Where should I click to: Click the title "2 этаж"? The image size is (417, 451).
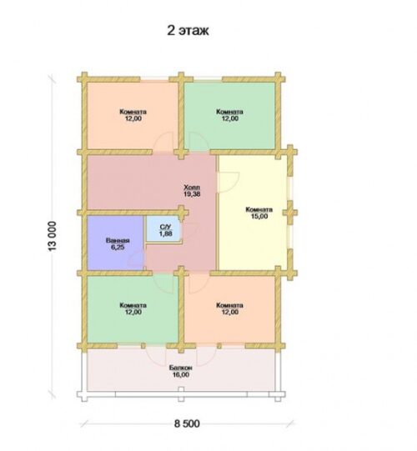(188, 31)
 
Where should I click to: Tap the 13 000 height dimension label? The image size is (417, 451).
(53, 236)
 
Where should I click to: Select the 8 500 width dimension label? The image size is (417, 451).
(187, 423)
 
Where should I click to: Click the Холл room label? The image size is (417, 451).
(192, 188)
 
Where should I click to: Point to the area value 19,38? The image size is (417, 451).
(192, 194)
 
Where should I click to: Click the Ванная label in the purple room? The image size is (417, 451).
(118, 241)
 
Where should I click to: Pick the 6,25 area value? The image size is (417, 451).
(118, 248)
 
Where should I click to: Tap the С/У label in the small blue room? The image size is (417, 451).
(165, 227)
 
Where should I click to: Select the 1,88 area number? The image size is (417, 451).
(165, 233)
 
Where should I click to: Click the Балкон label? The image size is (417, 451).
(181, 368)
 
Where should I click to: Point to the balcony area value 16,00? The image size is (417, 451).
(181, 374)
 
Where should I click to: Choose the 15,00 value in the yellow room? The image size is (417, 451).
(259, 216)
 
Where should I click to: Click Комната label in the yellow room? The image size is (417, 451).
(259, 210)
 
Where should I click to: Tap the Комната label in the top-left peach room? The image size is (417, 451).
(133, 112)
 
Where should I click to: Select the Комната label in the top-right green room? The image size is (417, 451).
(229, 112)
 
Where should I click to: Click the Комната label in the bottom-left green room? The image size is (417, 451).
(133, 305)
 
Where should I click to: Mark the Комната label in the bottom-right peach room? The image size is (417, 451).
(229, 305)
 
